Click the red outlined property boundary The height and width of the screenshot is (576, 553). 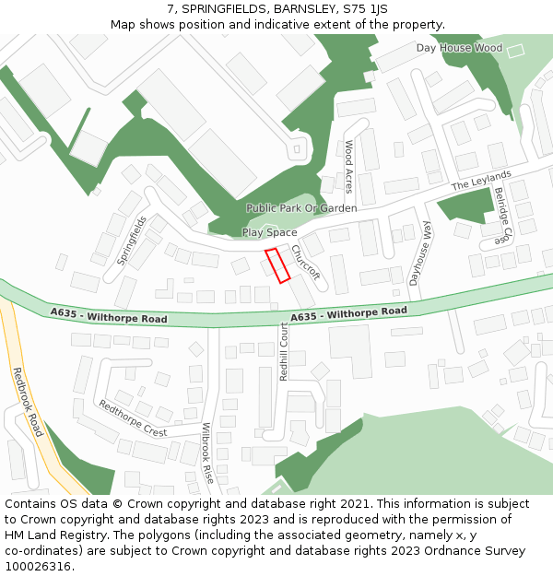click(x=277, y=264)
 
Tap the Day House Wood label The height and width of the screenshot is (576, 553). click(x=459, y=48)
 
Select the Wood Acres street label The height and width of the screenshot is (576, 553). click(x=348, y=166)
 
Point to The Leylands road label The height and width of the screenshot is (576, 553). click(x=480, y=181)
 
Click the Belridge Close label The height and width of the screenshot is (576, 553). click(x=501, y=215)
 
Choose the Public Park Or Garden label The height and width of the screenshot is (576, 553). click(x=300, y=208)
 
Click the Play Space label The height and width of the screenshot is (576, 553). click(x=269, y=232)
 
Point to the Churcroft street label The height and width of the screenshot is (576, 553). click(x=305, y=261)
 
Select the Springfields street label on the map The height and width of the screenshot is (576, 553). click(x=132, y=241)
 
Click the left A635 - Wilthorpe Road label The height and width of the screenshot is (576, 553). click(x=109, y=316)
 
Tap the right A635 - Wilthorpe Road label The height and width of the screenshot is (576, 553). click(x=348, y=314)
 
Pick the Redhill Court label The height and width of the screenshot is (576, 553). click(x=285, y=352)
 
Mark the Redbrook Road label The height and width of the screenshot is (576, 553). click(x=28, y=402)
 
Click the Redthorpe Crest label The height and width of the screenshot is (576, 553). click(x=133, y=418)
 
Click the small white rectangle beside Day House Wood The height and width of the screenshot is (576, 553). click(x=515, y=50)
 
